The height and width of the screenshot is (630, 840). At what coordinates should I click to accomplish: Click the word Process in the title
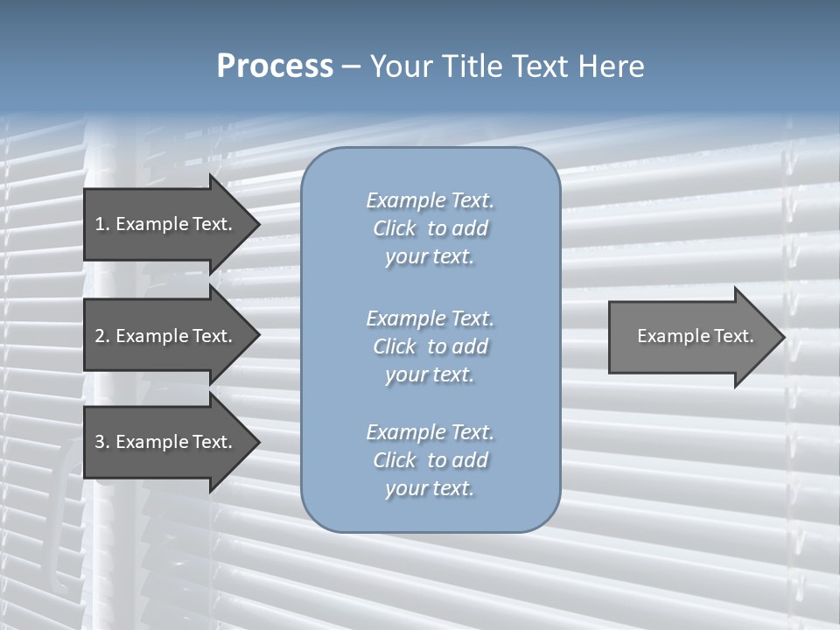pos(275,66)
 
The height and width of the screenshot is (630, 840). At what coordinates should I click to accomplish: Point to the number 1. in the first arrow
pos(102,224)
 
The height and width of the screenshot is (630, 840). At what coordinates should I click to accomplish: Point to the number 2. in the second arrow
pos(102,336)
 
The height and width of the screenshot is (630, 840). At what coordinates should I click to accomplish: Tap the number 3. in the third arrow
pos(102,442)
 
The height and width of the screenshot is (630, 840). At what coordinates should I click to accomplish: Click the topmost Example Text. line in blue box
pos(430,200)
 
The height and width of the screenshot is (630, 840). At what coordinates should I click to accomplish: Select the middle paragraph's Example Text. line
pos(430,318)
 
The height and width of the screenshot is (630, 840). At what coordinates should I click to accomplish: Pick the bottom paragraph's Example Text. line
pos(430,432)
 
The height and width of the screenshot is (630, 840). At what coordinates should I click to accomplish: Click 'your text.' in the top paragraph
pos(430,257)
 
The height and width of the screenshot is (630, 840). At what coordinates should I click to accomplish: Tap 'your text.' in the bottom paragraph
pos(430,488)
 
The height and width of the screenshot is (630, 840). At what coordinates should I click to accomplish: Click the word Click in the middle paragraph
pos(395,346)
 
